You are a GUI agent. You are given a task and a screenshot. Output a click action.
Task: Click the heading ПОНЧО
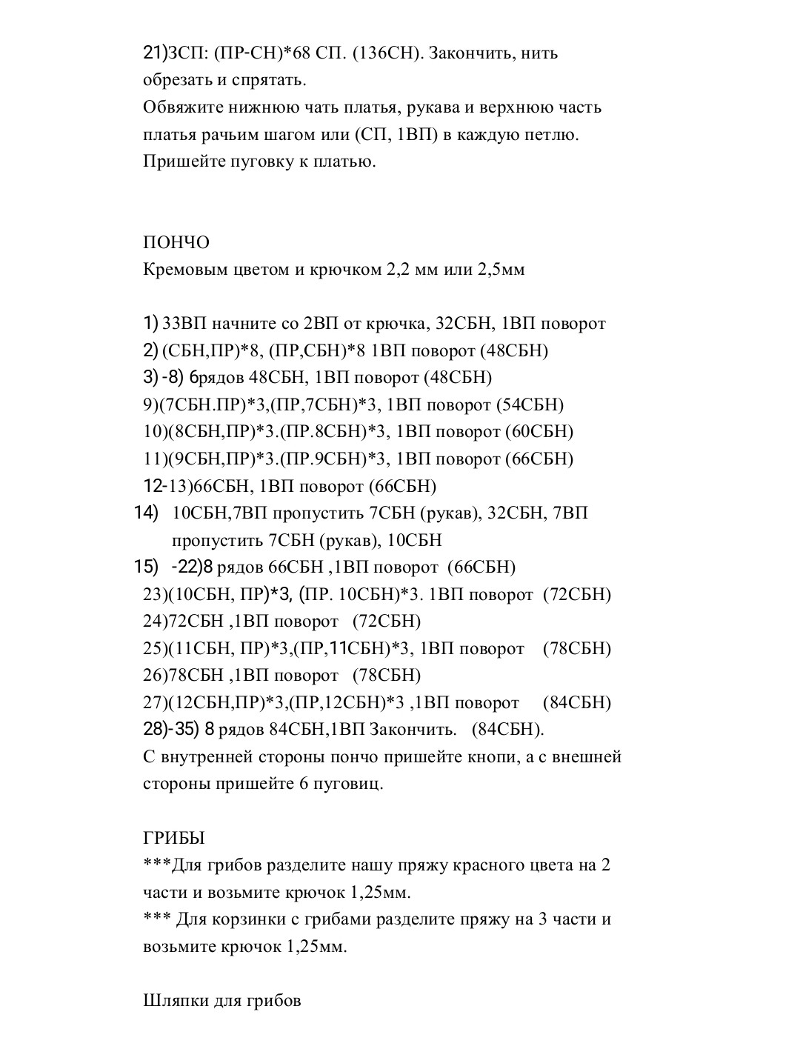(x=176, y=242)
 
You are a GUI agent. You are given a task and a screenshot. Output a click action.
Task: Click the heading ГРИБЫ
(x=173, y=838)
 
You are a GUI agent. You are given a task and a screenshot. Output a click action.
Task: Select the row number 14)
(x=147, y=513)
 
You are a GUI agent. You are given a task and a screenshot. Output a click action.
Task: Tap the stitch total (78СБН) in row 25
(x=577, y=648)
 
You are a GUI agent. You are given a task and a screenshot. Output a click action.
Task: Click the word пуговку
(x=260, y=161)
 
